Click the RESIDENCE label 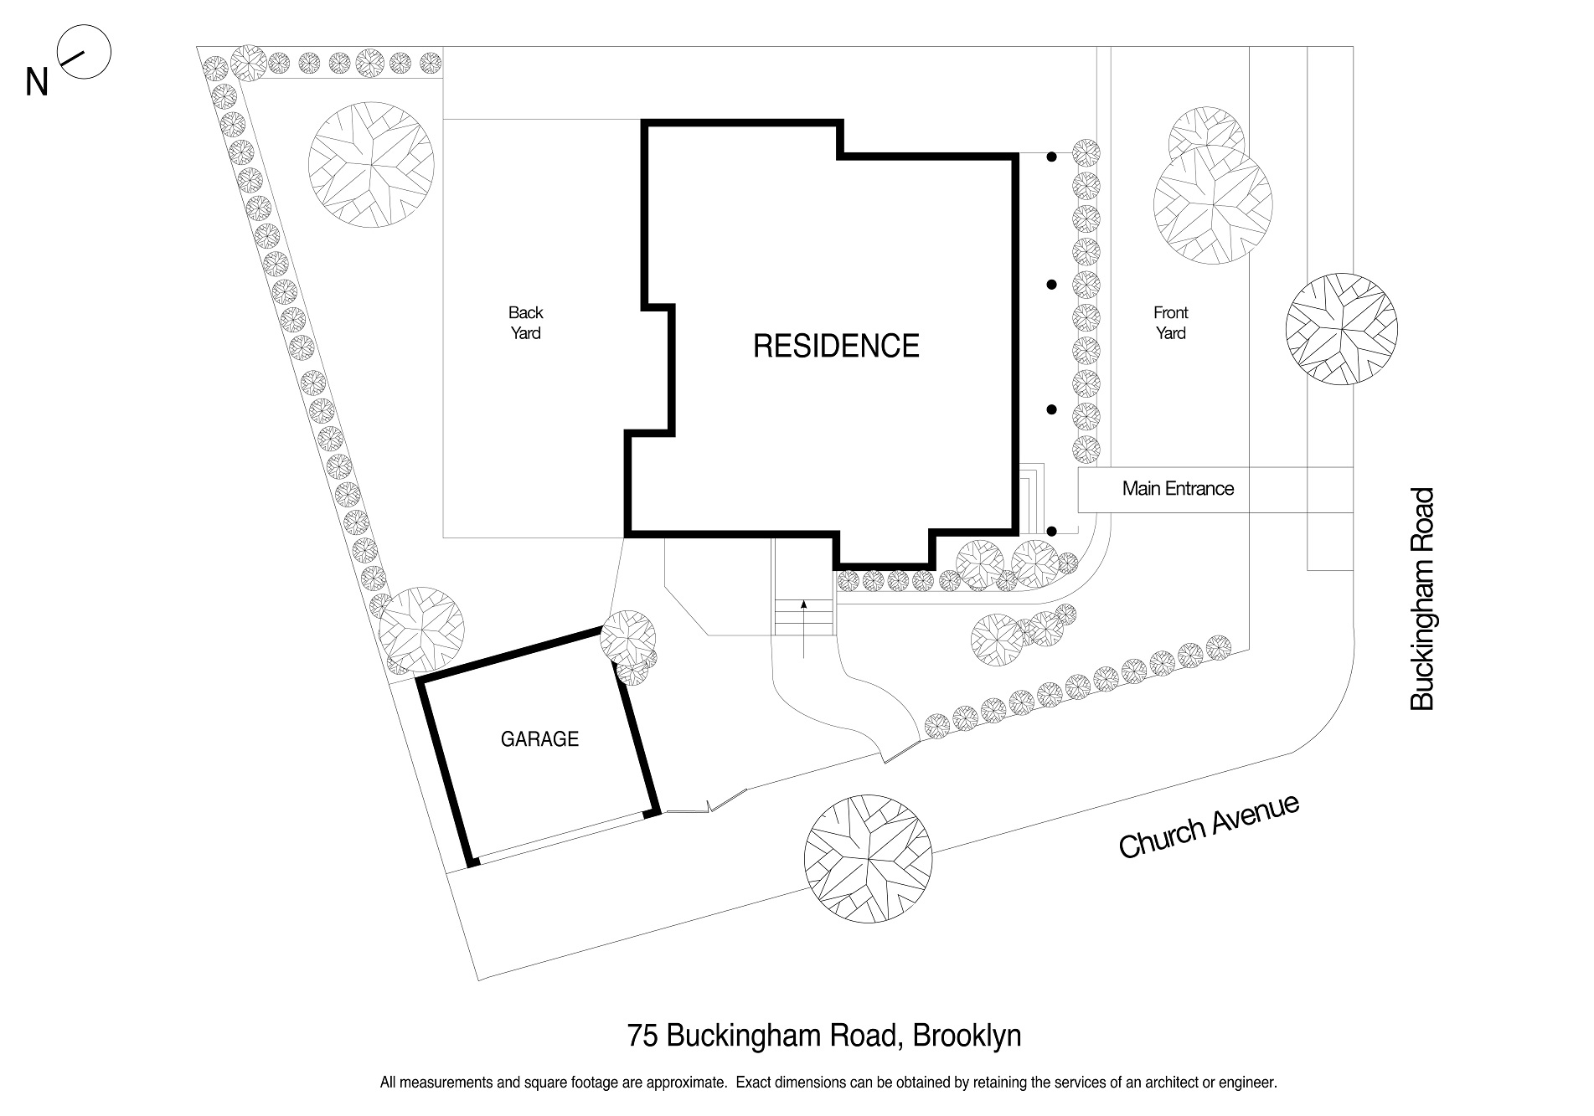836,346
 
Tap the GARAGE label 539,739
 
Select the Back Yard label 525,323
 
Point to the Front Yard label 1170,323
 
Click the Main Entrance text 1178,489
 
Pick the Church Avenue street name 1209,827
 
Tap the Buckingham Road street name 1422,599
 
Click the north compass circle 84,53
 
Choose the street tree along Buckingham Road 1341,329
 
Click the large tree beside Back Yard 371,163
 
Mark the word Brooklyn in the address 967,1036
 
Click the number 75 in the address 642,1036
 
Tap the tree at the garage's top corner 628,636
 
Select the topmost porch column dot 1052,157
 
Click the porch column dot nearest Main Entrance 1052,531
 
